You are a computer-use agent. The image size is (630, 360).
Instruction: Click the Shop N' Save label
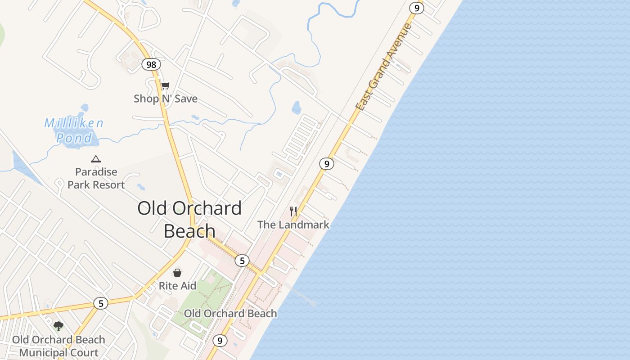(165, 99)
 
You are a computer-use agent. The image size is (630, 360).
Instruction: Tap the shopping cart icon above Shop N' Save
(166, 85)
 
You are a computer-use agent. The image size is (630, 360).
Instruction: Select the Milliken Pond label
(74, 130)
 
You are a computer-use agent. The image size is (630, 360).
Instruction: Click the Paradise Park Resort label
(96, 178)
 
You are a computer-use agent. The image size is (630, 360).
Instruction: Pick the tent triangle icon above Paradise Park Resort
(95, 159)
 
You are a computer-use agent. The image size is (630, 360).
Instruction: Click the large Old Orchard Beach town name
(189, 220)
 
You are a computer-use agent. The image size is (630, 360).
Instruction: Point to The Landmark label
(293, 225)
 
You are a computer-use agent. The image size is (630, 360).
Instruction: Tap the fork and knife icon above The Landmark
(293, 211)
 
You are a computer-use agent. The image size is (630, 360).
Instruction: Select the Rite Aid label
(177, 286)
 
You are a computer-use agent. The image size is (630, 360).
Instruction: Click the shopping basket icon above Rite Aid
(177, 273)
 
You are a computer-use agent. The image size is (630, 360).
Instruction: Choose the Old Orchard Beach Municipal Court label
(58, 346)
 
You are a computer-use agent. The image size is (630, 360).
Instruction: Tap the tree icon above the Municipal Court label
(58, 326)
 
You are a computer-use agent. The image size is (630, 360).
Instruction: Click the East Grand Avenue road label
(383, 67)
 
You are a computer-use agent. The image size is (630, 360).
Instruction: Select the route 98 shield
(151, 64)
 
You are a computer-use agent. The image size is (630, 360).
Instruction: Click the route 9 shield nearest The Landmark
(327, 164)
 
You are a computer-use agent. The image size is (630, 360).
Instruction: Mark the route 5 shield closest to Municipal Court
(101, 303)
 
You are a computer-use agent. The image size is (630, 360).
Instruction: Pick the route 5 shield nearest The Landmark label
(242, 260)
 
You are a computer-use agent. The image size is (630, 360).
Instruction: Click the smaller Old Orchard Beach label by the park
(230, 313)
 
